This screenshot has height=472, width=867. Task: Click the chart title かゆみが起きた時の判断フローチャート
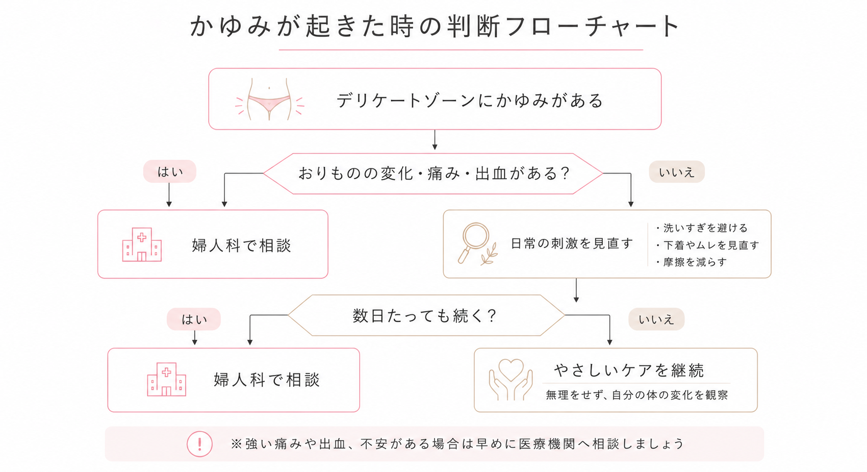435,27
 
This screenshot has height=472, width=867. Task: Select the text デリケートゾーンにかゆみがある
470,101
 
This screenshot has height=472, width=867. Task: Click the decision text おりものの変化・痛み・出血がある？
434,173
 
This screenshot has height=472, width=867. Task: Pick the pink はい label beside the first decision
169,171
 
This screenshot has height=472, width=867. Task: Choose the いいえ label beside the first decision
677,171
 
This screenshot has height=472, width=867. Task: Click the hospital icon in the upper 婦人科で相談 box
142,245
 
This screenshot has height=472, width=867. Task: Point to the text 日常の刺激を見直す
572,243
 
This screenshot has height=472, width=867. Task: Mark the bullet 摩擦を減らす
692,262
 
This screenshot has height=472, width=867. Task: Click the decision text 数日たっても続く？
425,315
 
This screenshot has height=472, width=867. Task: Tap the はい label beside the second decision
194,319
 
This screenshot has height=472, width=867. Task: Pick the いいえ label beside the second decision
656,319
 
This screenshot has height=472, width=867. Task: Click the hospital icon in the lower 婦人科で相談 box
166,379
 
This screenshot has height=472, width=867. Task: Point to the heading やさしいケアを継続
629,370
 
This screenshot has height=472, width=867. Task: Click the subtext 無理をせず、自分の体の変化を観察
637,395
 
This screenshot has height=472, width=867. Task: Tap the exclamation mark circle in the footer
200,444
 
